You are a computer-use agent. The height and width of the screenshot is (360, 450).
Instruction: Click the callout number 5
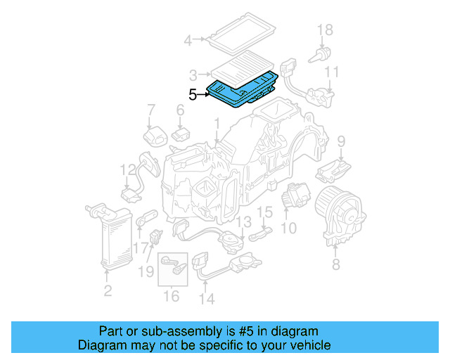pyautogui.click(x=193, y=94)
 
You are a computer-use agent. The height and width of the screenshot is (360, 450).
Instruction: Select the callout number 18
pyautogui.click(x=324, y=30)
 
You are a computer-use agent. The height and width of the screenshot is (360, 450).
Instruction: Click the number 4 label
pyautogui.click(x=188, y=41)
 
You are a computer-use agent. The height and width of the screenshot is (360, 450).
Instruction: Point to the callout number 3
pyautogui.click(x=193, y=74)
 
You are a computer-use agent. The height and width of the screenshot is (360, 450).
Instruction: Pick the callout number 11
pyautogui.click(x=332, y=72)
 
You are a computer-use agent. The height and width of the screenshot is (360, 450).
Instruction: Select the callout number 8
pyautogui.click(x=335, y=264)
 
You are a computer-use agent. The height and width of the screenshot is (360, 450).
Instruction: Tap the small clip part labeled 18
pyautogui.click(x=326, y=53)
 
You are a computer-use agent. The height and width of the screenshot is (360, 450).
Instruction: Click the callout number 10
pyautogui.click(x=288, y=229)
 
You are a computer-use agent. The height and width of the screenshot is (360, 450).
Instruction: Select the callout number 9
pyautogui.click(x=342, y=141)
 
